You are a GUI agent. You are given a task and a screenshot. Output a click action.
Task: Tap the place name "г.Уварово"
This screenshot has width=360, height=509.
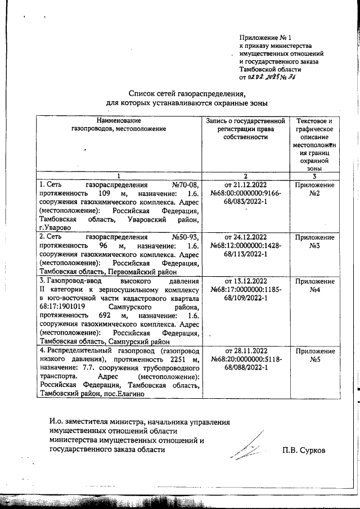click(x=54, y=227)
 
